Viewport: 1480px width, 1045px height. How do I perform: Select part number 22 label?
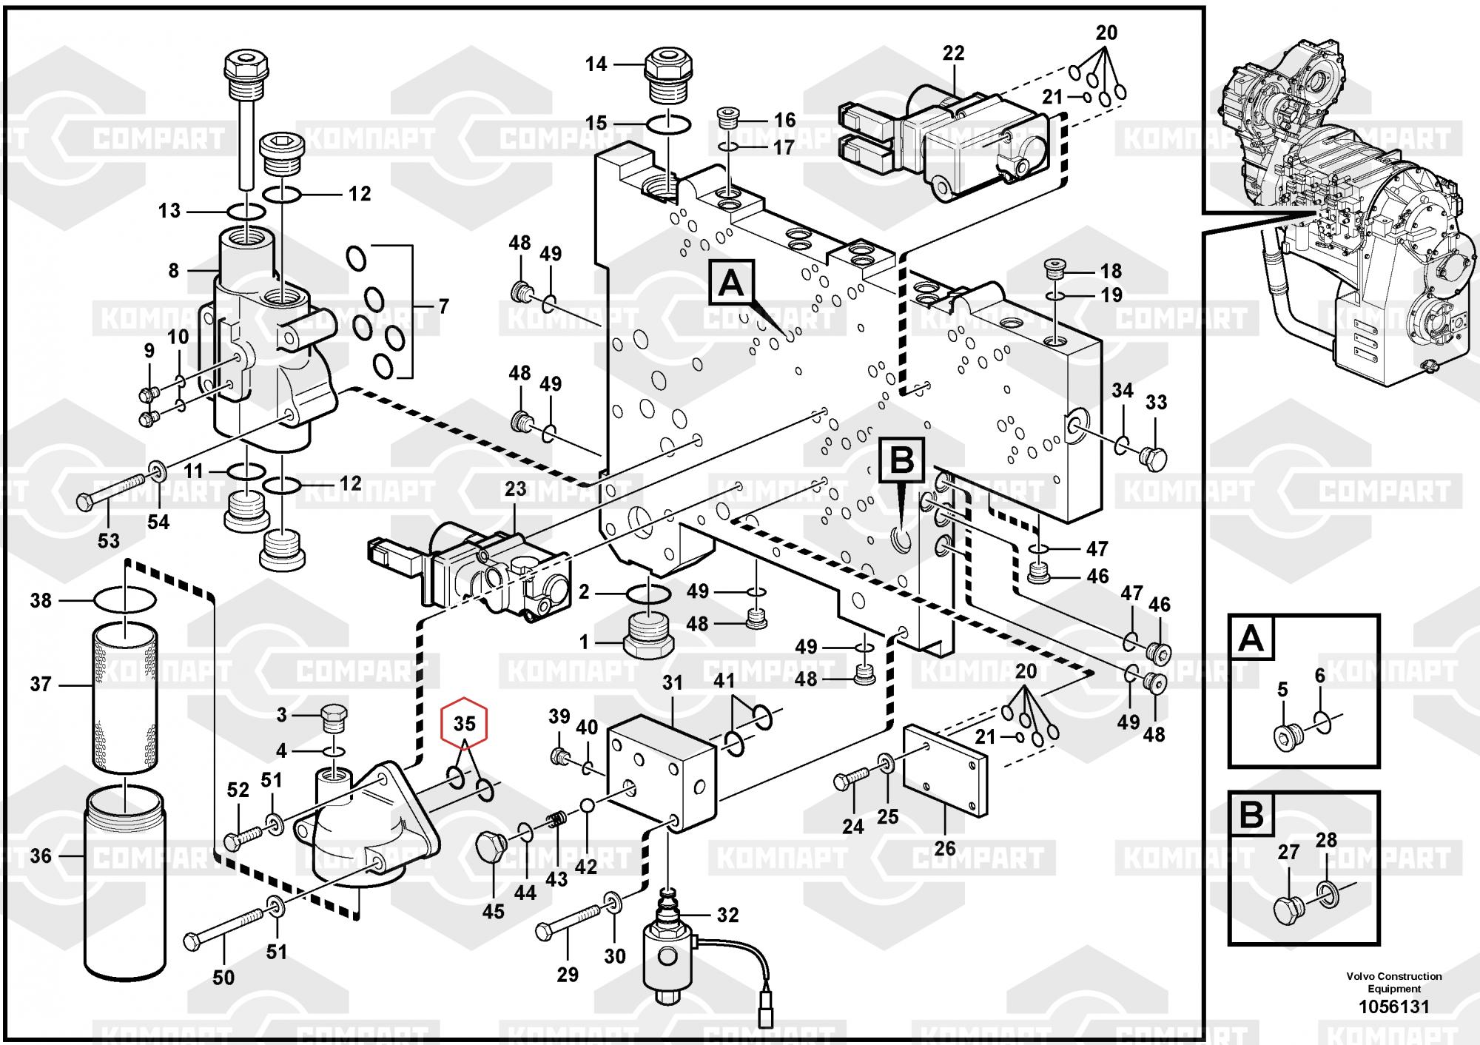click(x=954, y=53)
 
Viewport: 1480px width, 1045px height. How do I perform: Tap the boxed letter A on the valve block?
click(x=732, y=283)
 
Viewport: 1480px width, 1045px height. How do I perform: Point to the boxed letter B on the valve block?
click(x=902, y=461)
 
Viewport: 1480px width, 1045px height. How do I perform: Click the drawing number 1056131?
click(x=1394, y=1007)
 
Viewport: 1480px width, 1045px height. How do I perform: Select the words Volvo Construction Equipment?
click(x=1394, y=982)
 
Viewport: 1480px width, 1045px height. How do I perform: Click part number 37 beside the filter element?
click(x=41, y=685)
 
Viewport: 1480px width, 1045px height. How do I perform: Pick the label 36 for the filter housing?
click(x=41, y=856)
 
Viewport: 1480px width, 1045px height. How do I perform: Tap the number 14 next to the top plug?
click(x=596, y=64)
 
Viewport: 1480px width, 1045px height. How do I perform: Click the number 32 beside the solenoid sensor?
click(x=727, y=915)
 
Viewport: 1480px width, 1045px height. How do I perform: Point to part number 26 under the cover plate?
click(x=945, y=848)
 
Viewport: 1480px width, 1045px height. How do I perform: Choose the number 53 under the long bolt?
click(x=109, y=541)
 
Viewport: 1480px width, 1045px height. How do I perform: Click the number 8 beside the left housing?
click(x=173, y=271)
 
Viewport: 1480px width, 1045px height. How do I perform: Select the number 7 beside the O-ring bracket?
click(x=443, y=306)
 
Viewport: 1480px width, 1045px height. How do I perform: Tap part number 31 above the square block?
click(x=672, y=683)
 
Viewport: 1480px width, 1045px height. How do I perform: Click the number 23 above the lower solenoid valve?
click(x=515, y=489)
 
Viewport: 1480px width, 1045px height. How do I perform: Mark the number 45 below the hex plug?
click(x=493, y=911)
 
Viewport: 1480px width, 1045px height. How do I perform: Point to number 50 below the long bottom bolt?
click(x=223, y=978)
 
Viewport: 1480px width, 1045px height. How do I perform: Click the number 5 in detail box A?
click(x=1282, y=690)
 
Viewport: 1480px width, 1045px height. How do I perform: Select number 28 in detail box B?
click(x=1326, y=840)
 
